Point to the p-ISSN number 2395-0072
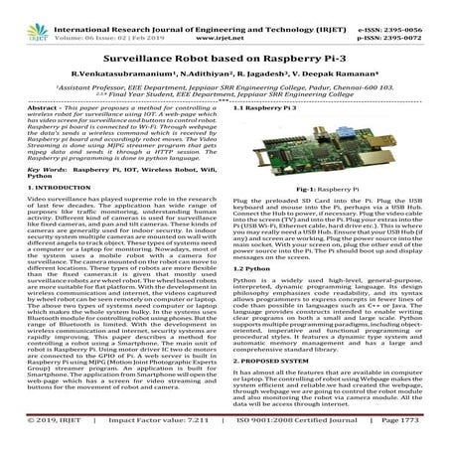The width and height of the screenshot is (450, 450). click(x=409, y=19)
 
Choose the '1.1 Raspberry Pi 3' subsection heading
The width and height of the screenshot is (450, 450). click(x=266, y=106)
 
